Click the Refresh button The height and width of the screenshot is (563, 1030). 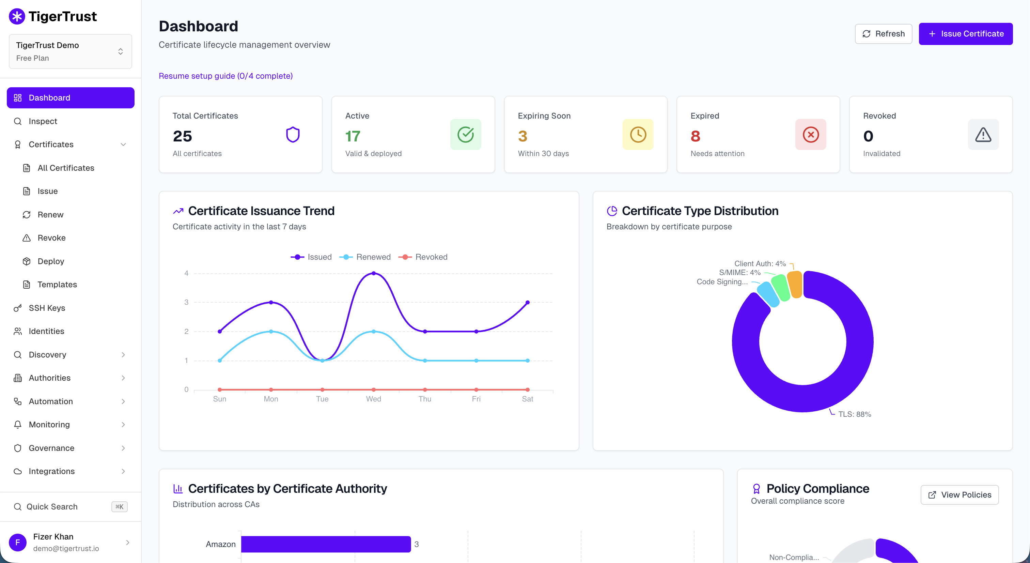pyautogui.click(x=883, y=34)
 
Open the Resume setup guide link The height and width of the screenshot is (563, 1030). pyautogui.click(x=225, y=76)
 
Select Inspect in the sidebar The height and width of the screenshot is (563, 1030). pyautogui.click(x=43, y=121)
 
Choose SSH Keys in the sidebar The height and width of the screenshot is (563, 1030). pyautogui.click(x=47, y=308)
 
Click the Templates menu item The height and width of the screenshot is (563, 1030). pyautogui.click(x=57, y=285)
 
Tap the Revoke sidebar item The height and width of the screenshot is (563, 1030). pyautogui.click(x=51, y=238)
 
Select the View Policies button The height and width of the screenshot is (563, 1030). pyautogui.click(x=959, y=494)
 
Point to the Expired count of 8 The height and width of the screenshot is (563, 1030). pyautogui.click(x=695, y=136)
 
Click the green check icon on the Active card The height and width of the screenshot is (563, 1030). pyautogui.click(x=465, y=135)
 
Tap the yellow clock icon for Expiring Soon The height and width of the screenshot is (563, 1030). pyautogui.click(x=638, y=135)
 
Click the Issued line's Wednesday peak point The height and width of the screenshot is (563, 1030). pyautogui.click(x=373, y=273)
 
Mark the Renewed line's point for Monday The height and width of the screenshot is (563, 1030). pyautogui.click(x=271, y=331)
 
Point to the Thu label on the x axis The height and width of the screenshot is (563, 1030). pyautogui.click(x=425, y=399)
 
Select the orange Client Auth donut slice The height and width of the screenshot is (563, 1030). pyautogui.click(x=795, y=285)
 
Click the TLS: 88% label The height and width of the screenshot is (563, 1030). pyautogui.click(x=855, y=414)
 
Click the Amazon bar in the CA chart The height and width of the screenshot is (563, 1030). pyautogui.click(x=326, y=544)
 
